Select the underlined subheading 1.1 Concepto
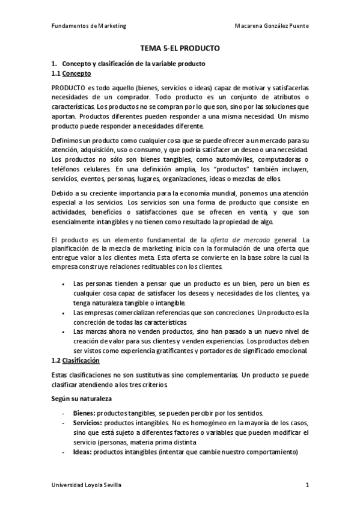click(72, 73)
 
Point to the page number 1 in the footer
click(307, 485)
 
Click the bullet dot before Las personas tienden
click(64, 283)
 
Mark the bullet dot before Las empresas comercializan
click(64, 313)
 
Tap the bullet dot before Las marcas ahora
click(64, 332)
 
